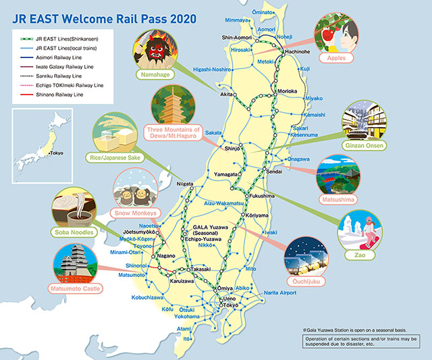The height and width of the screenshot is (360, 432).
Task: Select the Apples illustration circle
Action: [x=338, y=36]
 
